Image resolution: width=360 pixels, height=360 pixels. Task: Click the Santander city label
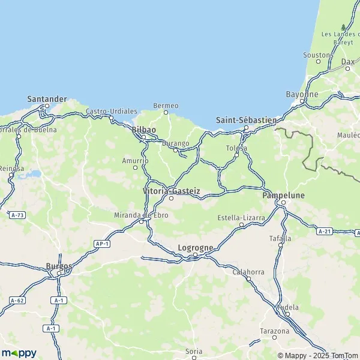pyautogui.click(x=47, y=98)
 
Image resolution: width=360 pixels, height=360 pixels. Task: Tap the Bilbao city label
pyautogui.click(x=143, y=130)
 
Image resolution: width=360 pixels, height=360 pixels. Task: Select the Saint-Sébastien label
pyautogui.click(x=246, y=120)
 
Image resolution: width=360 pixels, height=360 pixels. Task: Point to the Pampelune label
pyautogui.click(x=284, y=196)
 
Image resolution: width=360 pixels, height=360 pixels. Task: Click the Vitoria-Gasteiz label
pyautogui.click(x=171, y=191)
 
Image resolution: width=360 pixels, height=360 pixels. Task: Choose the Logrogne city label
pyautogui.click(x=194, y=247)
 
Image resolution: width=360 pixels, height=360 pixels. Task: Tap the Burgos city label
pyautogui.click(x=59, y=266)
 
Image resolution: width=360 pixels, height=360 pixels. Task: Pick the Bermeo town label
pyautogui.click(x=166, y=106)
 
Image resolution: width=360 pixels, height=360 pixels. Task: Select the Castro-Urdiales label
pyautogui.click(x=112, y=112)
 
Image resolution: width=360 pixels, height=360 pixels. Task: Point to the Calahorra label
pyautogui.click(x=248, y=272)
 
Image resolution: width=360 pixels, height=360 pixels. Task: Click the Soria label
pyautogui.click(x=194, y=351)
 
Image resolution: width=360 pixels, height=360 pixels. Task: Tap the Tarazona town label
pyautogui.click(x=275, y=331)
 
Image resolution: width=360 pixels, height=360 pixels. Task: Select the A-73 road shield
pyautogui.click(x=17, y=214)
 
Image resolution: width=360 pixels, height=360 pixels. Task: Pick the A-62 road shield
pyautogui.click(x=16, y=299)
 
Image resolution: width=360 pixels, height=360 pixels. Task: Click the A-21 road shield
pyautogui.click(x=325, y=231)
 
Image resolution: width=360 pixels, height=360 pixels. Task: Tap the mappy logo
pyautogui.click(x=19, y=353)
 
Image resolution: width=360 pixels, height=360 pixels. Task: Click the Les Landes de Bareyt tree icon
pyautogui.click(x=343, y=27)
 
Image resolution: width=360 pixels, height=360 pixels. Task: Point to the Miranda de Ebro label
pyautogui.click(x=141, y=215)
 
